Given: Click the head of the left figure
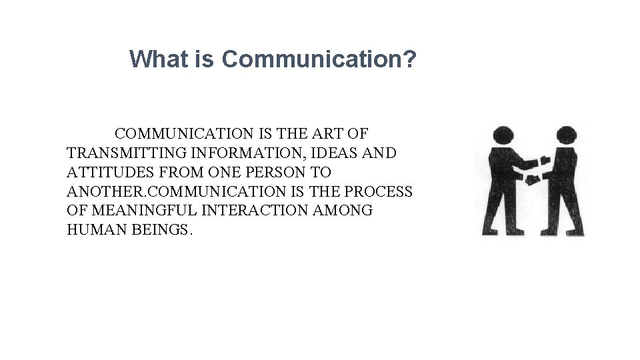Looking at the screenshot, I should point(503,137).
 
